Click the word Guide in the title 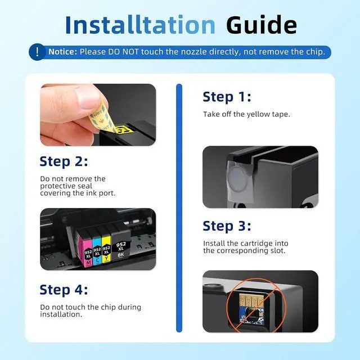tap(261, 25)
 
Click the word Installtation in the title tap(140, 25)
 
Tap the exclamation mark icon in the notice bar tap(37, 52)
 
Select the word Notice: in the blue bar tap(62, 52)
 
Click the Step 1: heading tap(227, 97)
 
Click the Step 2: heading tap(64, 161)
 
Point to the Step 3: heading tap(227, 226)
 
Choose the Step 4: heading tap(64, 290)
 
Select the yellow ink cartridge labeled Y tap(106, 249)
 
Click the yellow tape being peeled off tap(103, 119)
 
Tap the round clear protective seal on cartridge tap(238, 179)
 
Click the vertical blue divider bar tap(179, 208)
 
